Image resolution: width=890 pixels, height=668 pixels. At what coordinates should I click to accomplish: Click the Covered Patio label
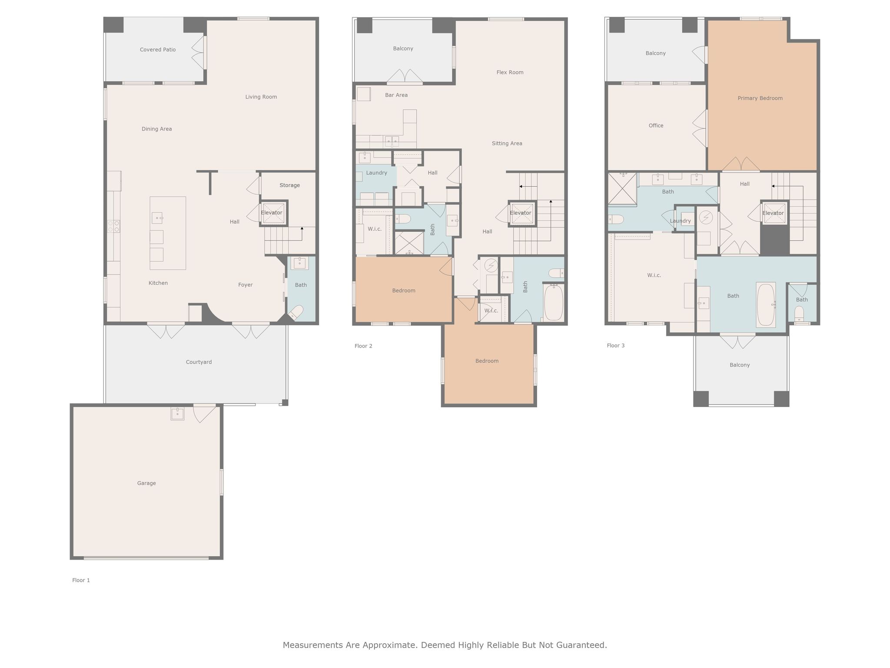pos(158,50)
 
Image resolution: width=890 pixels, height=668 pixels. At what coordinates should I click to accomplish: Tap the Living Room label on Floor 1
pos(261,97)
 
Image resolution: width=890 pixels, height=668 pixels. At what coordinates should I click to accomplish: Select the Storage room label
pos(289,185)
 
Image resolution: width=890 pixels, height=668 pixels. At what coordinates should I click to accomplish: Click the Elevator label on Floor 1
pos(272,213)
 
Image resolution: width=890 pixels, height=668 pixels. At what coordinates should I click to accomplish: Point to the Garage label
pos(146,483)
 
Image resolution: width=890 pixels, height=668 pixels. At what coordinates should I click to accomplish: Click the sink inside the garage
pos(177,414)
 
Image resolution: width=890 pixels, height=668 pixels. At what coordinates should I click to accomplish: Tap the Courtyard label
pos(199,362)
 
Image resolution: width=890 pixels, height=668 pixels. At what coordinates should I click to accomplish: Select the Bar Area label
pos(396,95)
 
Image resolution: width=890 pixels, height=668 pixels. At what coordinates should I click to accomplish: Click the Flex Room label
pos(510,72)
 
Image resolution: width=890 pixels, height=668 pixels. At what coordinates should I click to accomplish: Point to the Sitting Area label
pos(507,143)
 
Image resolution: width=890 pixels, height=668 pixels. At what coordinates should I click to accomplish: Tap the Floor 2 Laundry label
pos(376,173)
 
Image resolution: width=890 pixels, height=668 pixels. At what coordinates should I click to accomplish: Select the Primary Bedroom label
pos(760,98)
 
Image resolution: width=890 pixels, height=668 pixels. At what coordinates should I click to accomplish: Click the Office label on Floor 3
pos(656,126)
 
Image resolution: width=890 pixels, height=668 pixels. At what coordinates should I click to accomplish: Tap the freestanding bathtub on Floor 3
pos(766,305)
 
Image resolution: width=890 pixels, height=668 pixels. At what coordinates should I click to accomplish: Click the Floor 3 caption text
pos(616,346)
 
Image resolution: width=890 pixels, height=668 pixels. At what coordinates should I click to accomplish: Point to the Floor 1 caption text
pos(81,580)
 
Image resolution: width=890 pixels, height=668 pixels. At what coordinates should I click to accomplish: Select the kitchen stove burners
pos(114,226)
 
